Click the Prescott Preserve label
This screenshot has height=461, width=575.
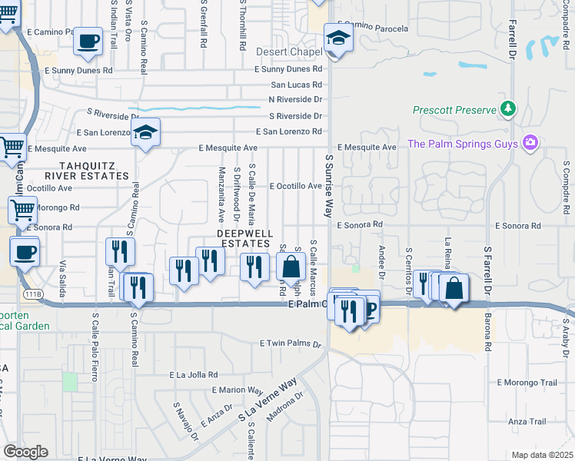[x=454, y=110]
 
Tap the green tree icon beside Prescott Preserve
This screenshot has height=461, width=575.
[x=507, y=110]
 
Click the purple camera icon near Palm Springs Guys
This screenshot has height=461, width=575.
[x=530, y=143]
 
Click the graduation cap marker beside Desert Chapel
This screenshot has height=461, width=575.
[x=338, y=38]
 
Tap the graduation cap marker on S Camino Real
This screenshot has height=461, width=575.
[x=145, y=133]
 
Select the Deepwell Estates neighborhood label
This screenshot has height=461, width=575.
[x=242, y=237]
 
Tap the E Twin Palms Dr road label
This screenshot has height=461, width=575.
[x=292, y=343]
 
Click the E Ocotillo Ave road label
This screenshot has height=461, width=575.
[x=295, y=186]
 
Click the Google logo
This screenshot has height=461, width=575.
[x=25, y=451]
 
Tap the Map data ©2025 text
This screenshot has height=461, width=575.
[x=542, y=455]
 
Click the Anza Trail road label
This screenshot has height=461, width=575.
[x=527, y=421]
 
